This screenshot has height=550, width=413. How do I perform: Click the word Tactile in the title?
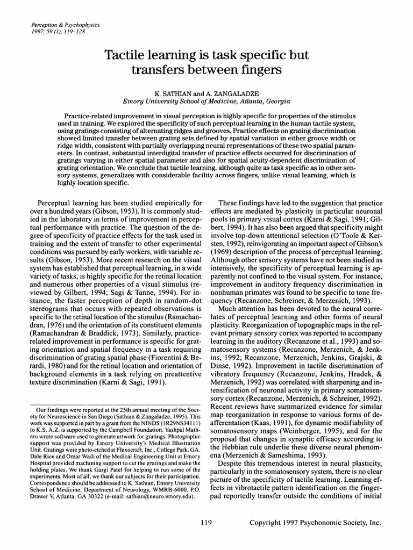[126, 56]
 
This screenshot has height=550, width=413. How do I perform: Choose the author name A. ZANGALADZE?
[227, 92]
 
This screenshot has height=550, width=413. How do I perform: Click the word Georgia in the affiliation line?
[276, 100]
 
